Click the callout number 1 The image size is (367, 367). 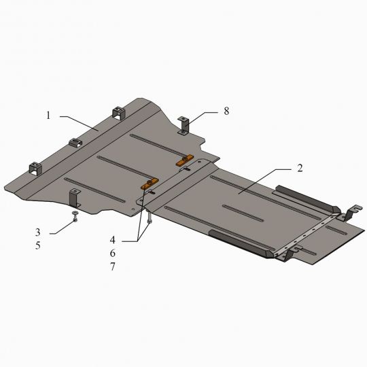pos(48,116)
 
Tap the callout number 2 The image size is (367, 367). pos(300,169)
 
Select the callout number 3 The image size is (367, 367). pos(38,232)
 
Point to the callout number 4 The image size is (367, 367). pos(113,240)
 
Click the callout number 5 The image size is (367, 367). pos(38,245)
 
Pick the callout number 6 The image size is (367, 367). pos(113,253)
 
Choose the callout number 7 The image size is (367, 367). pos(113,266)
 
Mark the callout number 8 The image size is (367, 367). pos(226,111)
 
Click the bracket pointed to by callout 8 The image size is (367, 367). pos(183,126)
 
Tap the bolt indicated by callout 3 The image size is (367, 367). pos(75,216)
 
